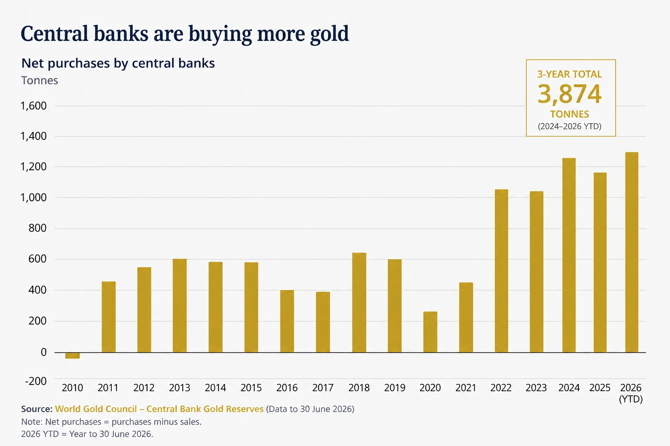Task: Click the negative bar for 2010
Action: tap(72, 355)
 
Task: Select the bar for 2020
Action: tap(430, 332)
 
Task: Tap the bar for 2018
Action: tap(359, 303)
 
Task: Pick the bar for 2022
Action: tap(501, 271)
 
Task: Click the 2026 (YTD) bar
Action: tap(632, 253)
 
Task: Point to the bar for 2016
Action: tap(287, 321)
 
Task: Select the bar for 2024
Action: tap(569, 255)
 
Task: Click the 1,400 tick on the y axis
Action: tap(34, 136)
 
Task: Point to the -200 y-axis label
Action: tap(36, 381)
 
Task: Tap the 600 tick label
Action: tap(38, 259)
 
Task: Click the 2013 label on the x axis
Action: tap(179, 388)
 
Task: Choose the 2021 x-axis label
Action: tap(466, 388)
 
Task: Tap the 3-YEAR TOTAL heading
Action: tap(570, 74)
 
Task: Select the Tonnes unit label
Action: tap(40, 80)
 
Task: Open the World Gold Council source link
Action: tap(159, 409)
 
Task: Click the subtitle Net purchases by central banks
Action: tap(118, 63)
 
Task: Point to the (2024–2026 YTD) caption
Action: tap(570, 126)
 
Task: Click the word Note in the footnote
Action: tap(32, 422)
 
